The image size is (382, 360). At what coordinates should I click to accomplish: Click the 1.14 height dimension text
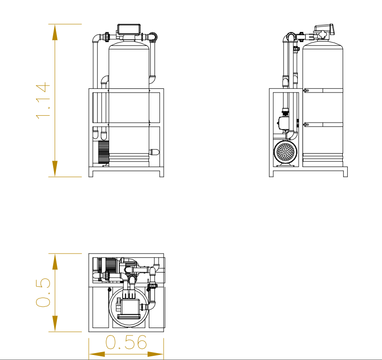pyautogui.click(x=43, y=101)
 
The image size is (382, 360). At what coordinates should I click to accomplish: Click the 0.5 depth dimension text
pyautogui.click(x=43, y=292)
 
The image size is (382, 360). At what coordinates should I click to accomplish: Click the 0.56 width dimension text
pyautogui.click(x=126, y=342)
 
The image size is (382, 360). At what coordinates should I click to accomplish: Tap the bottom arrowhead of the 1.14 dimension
pyautogui.click(x=55, y=169)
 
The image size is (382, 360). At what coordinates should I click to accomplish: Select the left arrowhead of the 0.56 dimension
pyautogui.click(x=97, y=354)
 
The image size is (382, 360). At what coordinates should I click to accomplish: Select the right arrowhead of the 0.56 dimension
pyautogui.click(x=155, y=354)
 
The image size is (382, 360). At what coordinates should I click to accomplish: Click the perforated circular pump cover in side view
pyautogui.click(x=285, y=152)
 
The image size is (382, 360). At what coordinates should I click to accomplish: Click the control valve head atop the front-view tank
pyautogui.click(x=129, y=30)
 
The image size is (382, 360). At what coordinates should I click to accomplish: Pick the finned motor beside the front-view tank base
pyautogui.click(x=103, y=152)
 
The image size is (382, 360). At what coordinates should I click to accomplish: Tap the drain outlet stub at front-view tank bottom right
pyautogui.click(x=154, y=152)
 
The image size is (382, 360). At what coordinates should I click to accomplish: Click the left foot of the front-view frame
pyautogui.click(x=91, y=174)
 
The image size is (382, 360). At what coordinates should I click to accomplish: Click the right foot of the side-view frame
pyautogui.click(x=345, y=174)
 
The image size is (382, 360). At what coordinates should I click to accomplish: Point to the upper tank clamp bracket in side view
pyautogui.click(x=306, y=91)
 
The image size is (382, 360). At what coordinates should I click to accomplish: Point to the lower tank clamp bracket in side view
pyautogui.click(x=306, y=125)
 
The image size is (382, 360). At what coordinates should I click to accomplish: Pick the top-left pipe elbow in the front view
pyautogui.click(x=97, y=38)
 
